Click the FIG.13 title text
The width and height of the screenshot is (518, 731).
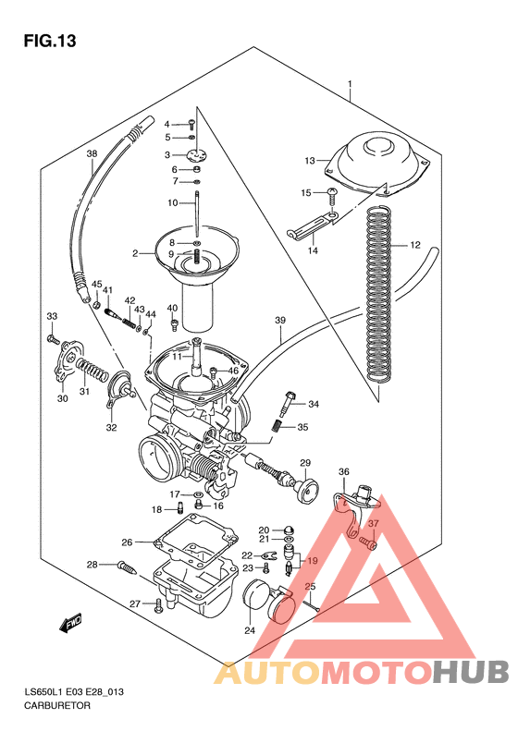(x=49, y=41)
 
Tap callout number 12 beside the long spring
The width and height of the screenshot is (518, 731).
(x=416, y=246)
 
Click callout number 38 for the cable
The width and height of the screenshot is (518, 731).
(x=91, y=153)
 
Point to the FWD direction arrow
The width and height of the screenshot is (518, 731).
(x=71, y=627)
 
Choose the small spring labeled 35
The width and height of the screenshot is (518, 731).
(x=277, y=426)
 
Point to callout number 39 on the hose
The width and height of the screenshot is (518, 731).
(x=279, y=321)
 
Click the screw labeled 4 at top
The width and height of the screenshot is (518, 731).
(x=190, y=122)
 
